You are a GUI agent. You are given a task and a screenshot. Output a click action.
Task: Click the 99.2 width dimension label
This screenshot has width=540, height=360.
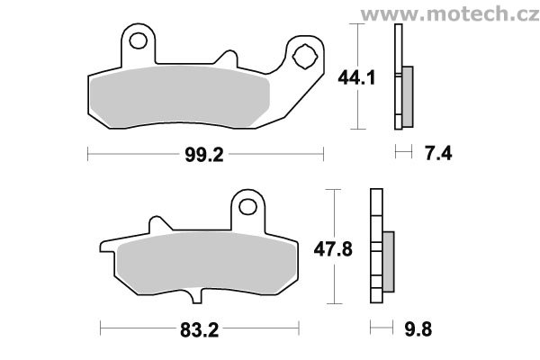pyautogui.click(x=204, y=155)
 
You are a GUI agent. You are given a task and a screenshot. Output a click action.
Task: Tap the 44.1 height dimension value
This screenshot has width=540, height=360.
pyautogui.click(x=356, y=78)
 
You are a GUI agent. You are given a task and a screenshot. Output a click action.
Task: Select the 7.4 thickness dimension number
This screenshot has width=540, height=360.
pyautogui.click(x=438, y=153)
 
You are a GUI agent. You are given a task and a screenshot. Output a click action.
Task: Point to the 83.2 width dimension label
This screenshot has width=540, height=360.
pyautogui.click(x=200, y=330)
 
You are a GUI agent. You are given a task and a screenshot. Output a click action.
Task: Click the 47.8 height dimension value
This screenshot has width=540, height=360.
pyautogui.click(x=333, y=249)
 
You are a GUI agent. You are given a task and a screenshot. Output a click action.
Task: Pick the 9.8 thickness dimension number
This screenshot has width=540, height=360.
pyautogui.click(x=418, y=329)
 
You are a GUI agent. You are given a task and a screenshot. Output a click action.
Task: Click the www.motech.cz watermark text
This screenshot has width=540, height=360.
pyautogui.click(x=450, y=14)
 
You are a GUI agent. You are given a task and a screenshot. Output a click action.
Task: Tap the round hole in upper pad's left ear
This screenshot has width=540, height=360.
pyautogui.click(x=138, y=40)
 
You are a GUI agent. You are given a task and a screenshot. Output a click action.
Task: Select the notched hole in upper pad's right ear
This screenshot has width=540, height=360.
pyautogui.click(x=304, y=57)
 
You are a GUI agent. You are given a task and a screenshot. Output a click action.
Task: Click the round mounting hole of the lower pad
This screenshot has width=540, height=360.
pyautogui.click(x=248, y=207)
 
